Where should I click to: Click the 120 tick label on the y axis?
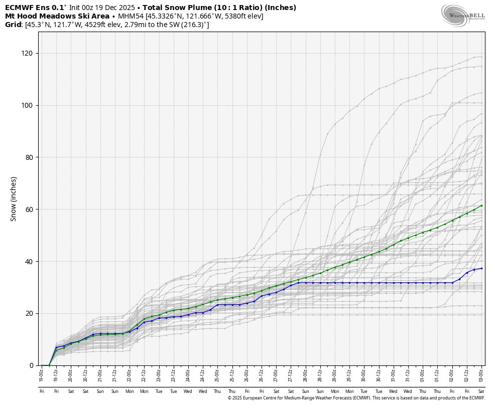27,53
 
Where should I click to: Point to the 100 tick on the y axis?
27,105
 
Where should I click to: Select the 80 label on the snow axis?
29,157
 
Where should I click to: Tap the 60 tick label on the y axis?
29,210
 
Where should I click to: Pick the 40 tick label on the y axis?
29,262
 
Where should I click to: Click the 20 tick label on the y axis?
29,313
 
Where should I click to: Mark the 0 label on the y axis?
31,365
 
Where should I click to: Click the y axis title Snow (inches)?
14,198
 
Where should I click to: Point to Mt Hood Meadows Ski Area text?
57,16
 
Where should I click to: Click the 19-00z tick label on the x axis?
42,373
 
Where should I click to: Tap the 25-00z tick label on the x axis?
217,373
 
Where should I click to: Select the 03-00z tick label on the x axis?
481,373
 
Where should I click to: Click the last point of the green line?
481,206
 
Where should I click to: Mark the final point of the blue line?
481,268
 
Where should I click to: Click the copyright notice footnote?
356,398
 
